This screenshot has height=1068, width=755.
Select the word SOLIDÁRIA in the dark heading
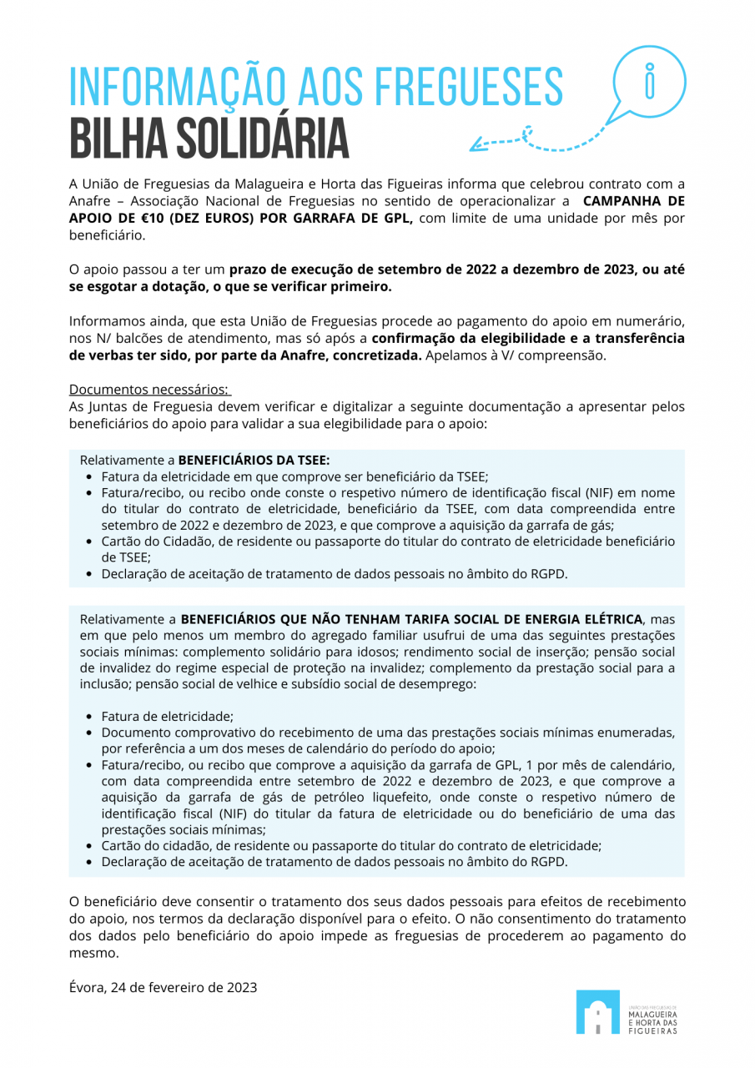pyautogui.click(x=265, y=139)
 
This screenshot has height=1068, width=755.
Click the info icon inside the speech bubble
pyautogui.click(x=650, y=82)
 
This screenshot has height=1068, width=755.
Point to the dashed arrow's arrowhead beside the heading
pyautogui.click(x=476, y=146)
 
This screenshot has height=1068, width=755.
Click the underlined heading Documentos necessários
pyautogui.click(x=148, y=390)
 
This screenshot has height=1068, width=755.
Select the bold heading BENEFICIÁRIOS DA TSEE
pyautogui.click(x=254, y=460)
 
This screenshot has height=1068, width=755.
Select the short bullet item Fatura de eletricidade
pyautogui.click(x=167, y=716)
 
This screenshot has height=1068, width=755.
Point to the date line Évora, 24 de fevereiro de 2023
pyautogui.click(x=163, y=987)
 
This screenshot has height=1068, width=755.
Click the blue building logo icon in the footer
pyautogui.click(x=597, y=1012)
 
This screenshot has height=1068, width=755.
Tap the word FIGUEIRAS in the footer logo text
pyautogui.click(x=652, y=1030)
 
